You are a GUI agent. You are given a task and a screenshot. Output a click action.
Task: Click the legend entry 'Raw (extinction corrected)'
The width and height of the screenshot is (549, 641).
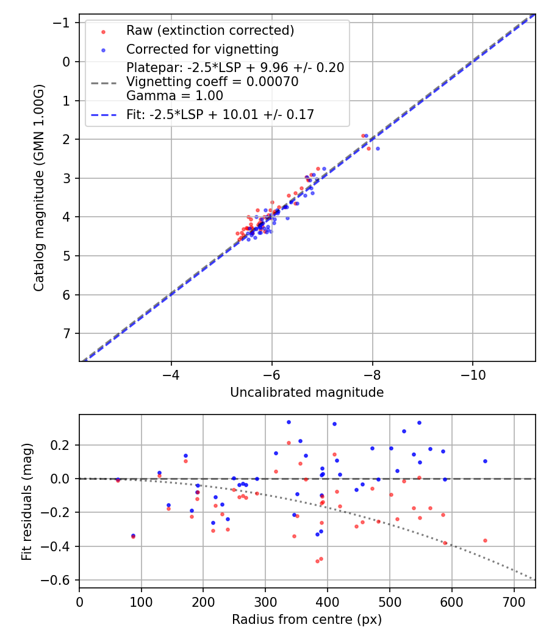coord(210,30)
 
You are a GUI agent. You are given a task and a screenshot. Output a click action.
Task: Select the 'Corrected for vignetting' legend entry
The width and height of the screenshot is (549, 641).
coord(202,49)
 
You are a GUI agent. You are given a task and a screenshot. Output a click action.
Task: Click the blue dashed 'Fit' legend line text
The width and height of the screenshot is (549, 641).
coord(220,114)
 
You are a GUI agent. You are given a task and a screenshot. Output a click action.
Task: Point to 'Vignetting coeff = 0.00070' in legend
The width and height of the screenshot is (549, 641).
coord(212,82)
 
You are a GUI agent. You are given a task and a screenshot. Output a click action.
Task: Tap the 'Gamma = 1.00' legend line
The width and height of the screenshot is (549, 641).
coord(174,96)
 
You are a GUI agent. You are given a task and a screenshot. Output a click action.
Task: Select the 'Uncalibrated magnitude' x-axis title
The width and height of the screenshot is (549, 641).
coord(307,393)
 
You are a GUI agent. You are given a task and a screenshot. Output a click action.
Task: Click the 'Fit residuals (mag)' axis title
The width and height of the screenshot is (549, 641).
coord(27,502)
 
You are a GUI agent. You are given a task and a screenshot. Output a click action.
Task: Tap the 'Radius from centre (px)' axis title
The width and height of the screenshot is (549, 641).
coord(307,620)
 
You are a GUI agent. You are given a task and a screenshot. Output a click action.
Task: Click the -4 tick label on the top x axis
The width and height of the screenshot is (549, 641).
coord(171,372)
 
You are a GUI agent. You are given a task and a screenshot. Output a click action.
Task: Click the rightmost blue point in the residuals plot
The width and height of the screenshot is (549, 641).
coord(485,461)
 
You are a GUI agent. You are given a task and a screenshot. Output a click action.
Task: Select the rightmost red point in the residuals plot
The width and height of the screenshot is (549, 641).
coord(485,540)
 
